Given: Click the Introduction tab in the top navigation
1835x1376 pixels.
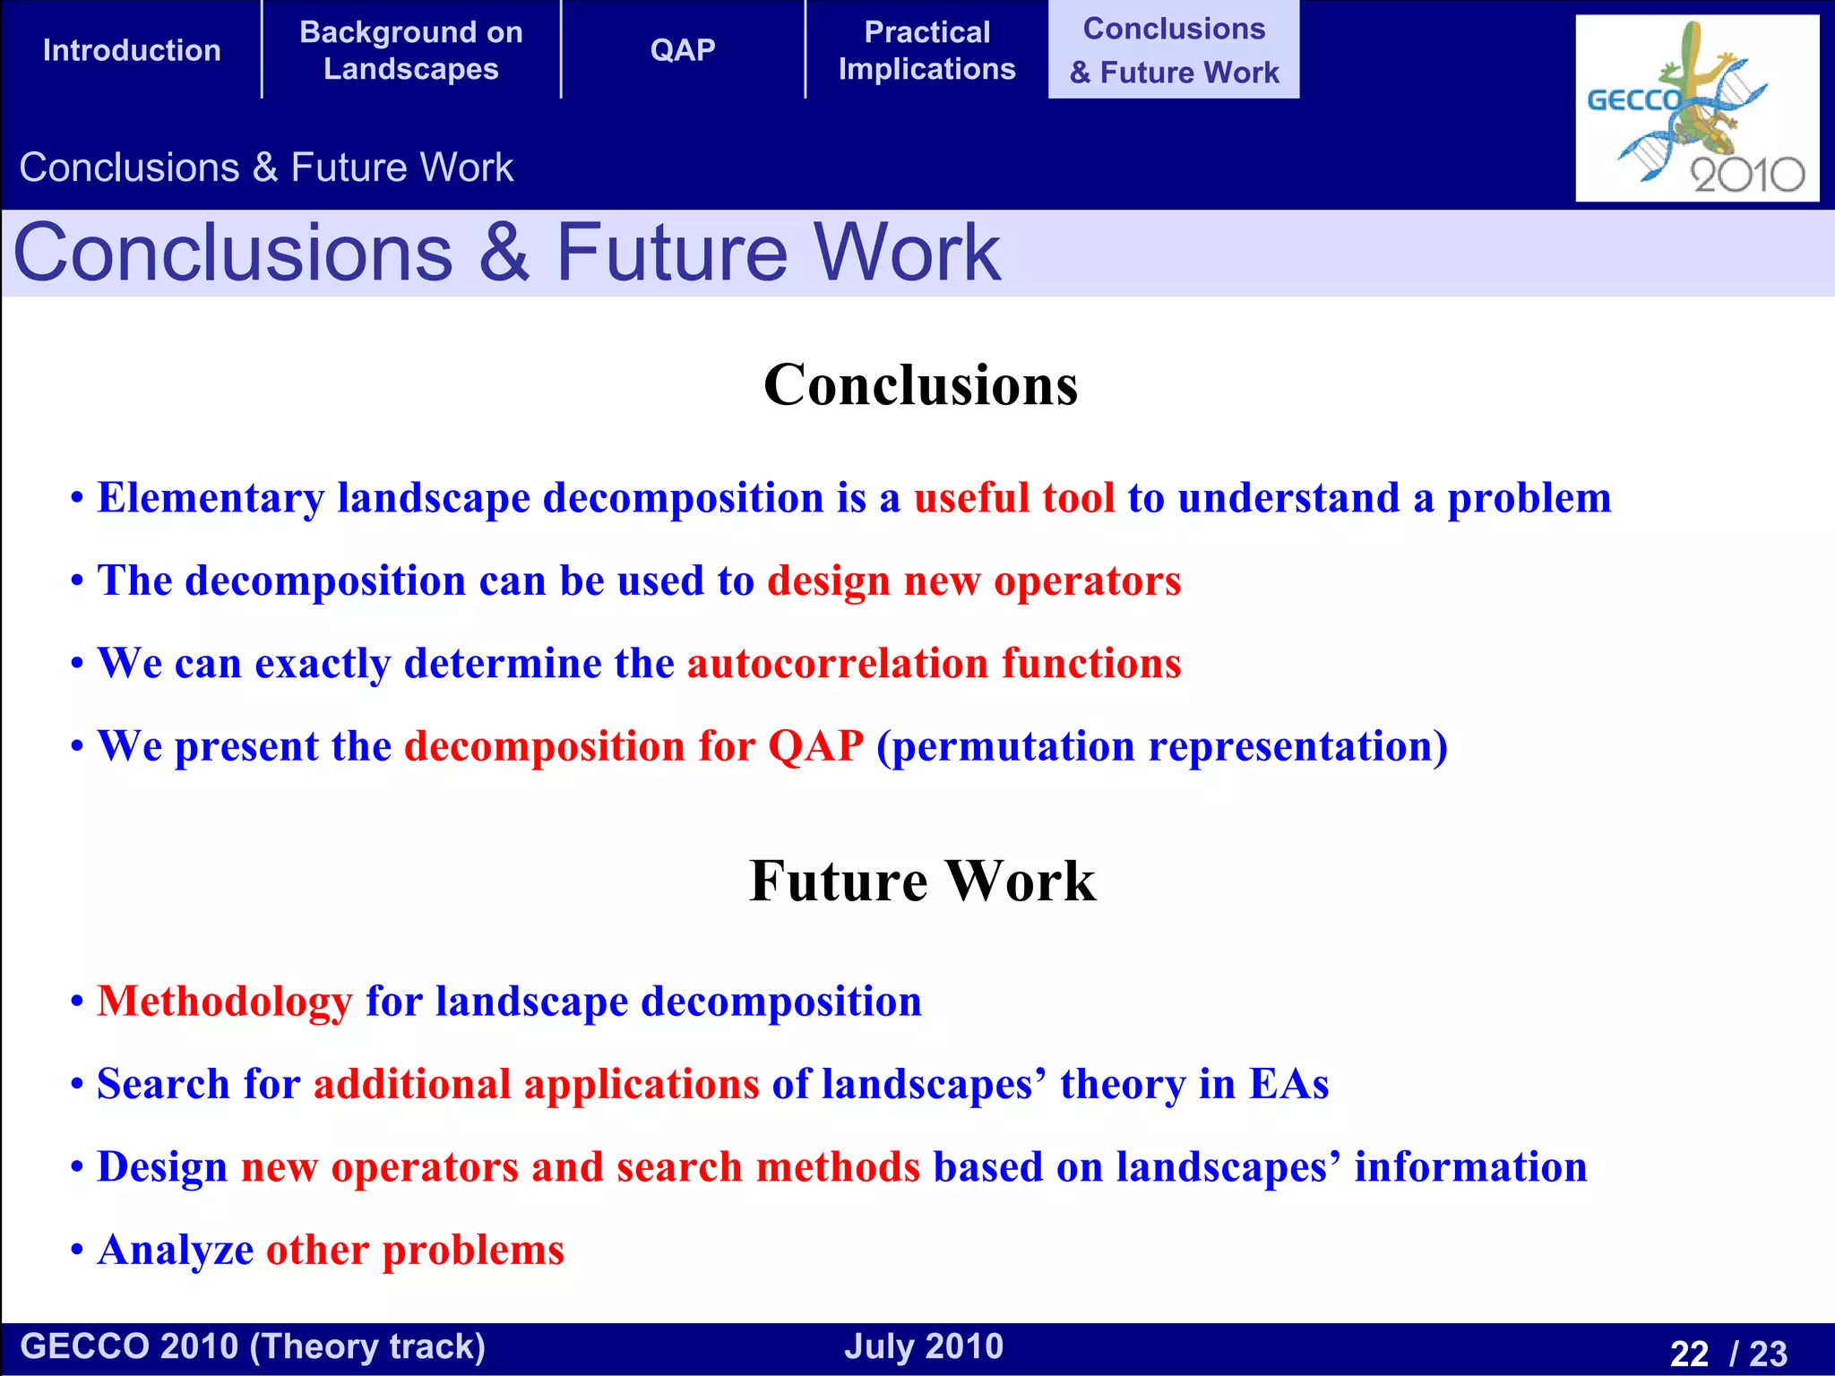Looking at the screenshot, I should coord(132,50).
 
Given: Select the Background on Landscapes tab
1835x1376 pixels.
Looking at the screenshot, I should coord(411,50).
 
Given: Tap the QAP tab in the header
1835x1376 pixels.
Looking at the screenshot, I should coord(683,50).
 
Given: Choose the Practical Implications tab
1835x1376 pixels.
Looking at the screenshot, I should coord(927,50).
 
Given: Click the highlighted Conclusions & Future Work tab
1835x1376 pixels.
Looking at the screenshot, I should coord(1174,50).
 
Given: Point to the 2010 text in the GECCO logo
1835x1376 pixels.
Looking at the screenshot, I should coord(1746,175).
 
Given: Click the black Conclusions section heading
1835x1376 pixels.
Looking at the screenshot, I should coord(920,385).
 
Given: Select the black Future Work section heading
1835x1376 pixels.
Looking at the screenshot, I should coord(922,881).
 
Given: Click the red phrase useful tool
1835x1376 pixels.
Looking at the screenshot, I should coord(1014,498).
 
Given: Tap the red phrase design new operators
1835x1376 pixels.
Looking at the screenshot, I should coord(974,580).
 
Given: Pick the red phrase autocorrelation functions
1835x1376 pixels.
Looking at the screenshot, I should coord(934,664).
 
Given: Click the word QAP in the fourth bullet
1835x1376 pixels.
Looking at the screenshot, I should coord(816,746).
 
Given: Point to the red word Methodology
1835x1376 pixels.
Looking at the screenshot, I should coord(225,1002).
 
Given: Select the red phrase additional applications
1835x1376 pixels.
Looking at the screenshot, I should coord(536,1084).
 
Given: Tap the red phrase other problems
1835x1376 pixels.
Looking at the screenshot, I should coord(415,1250).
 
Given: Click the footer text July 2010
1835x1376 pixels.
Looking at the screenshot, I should coord(924,1346).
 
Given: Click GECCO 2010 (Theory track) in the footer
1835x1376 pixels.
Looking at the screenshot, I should coord(253,1346).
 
